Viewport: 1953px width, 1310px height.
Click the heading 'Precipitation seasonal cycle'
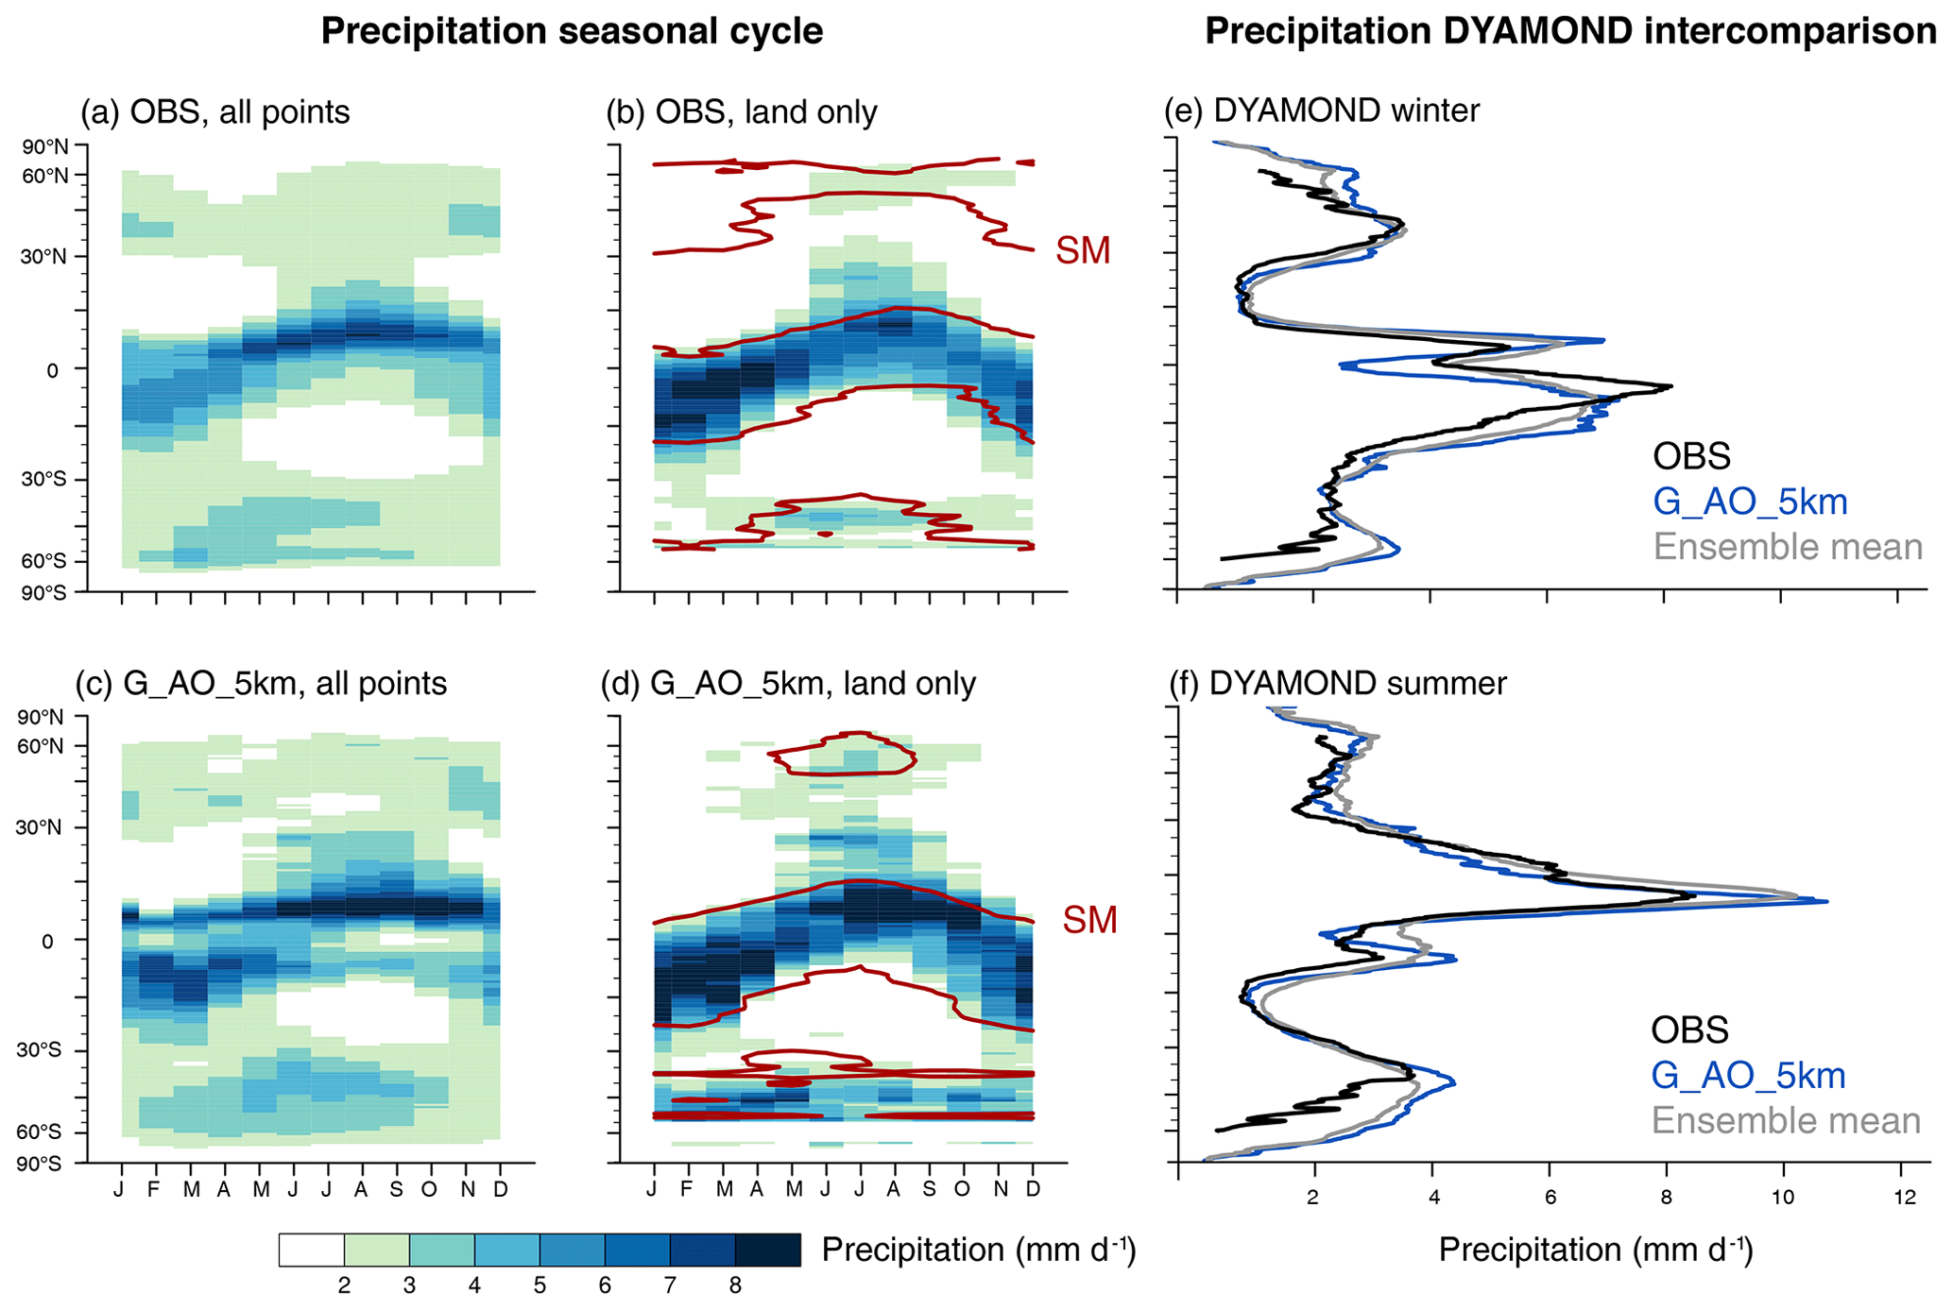tap(572, 31)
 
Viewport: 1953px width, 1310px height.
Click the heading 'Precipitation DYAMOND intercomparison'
tap(1570, 31)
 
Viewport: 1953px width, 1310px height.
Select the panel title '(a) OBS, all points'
tap(215, 111)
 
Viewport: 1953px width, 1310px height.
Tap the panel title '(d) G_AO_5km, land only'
tap(788, 683)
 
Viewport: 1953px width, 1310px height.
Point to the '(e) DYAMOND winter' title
tap(1322, 111)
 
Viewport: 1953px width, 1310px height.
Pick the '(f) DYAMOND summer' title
tap(1337, 683)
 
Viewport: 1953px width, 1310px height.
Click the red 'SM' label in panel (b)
tap(1083, 251)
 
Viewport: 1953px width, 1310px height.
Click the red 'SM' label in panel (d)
tap(1089, 920)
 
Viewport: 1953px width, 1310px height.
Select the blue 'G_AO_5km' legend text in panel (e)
tap(1750, 502)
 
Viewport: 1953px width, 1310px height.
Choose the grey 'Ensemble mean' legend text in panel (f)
tap(1786, 1120)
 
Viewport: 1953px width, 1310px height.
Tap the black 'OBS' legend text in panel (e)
tap(1691, 456)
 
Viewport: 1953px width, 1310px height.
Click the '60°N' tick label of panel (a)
tap(45, 176)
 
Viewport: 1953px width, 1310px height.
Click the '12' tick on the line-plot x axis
tap(1905, 1198)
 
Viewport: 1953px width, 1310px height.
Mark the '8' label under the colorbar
tap(735, 1285)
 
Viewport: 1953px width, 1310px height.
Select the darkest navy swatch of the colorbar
tap(767, 1250)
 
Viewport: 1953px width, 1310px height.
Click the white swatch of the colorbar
tap(312, 1250)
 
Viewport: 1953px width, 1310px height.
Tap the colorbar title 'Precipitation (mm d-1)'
tap(979, 1250)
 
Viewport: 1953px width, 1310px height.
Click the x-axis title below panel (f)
tap(1595, 1250)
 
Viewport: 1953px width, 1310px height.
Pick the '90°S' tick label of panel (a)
tap(45, 592)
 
